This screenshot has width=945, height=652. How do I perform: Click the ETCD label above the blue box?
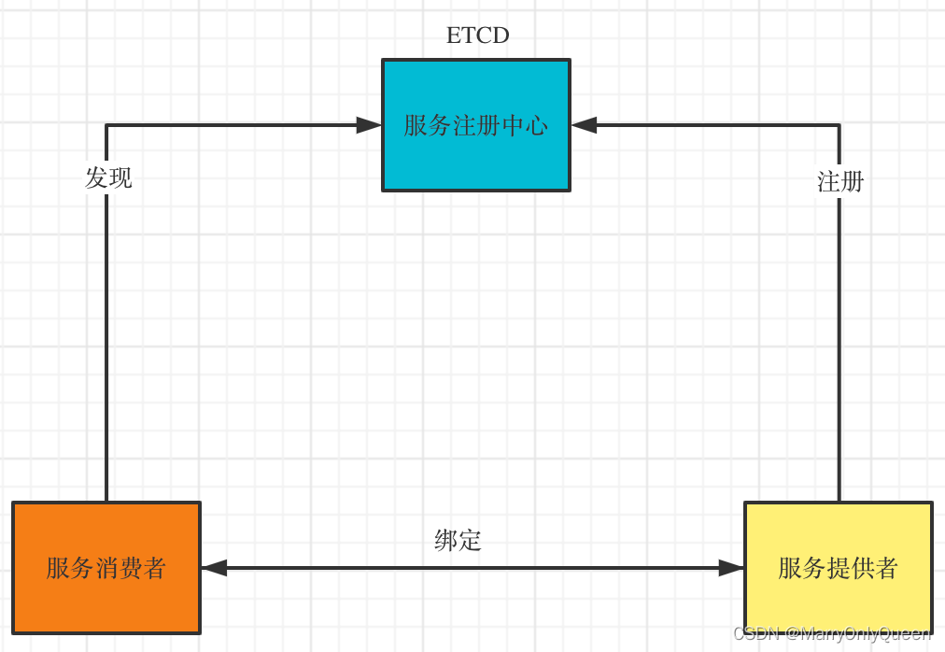[477, 35]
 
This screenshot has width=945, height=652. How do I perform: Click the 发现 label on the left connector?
[108, 177]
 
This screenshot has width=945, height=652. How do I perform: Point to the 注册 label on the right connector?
[840, 182]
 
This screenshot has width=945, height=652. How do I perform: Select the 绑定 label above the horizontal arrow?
[458, 540]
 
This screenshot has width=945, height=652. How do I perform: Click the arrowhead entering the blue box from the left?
[369, 125]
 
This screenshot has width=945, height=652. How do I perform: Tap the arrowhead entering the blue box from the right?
[585, 125]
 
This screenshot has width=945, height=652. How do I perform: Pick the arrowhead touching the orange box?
[214, 568]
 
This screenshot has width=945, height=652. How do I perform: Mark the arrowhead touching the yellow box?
[731, 568]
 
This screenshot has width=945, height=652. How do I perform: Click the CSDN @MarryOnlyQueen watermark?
[831, 634]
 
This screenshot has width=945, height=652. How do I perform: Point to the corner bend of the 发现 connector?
[106, 125]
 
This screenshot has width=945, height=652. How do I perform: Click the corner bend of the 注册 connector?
[839, 125]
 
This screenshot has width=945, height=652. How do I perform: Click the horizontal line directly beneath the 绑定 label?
[458, 568]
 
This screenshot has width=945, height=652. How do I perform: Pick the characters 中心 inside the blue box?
[524, 125]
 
